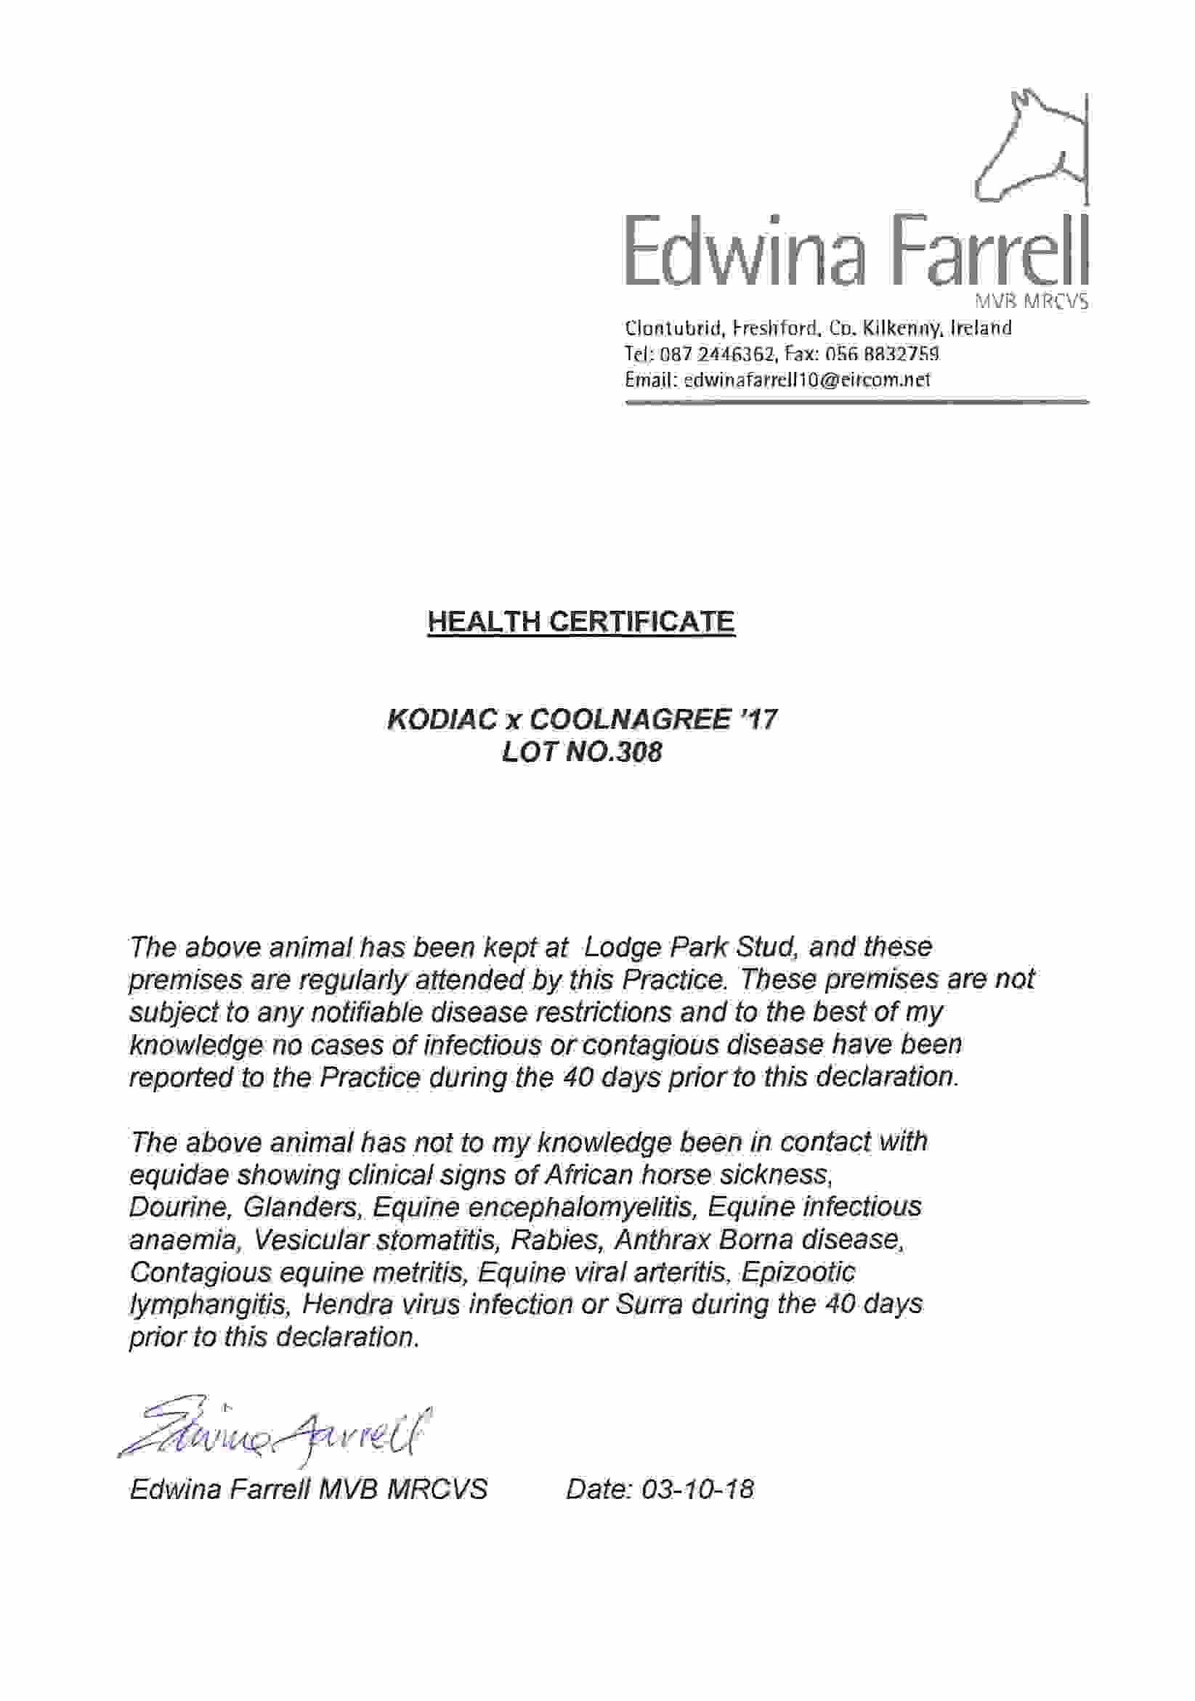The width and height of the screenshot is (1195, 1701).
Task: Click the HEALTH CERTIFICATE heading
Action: (581, 621)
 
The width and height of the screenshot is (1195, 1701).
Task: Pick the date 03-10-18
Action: (697, 1488)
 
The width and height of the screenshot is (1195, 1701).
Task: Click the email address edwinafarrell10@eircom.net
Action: (807, 380)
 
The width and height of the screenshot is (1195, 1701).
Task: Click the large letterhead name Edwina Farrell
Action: (856, 252)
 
